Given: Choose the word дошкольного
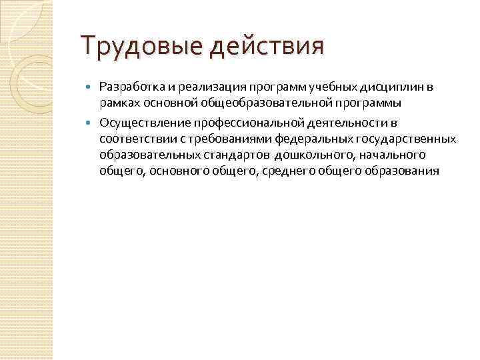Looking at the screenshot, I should [x=311, y=155].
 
